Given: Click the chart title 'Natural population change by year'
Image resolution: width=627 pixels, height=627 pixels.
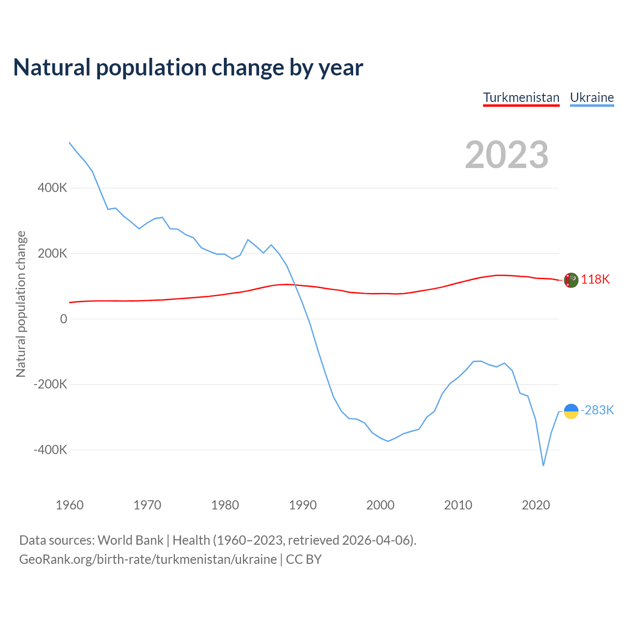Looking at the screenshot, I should (x=188, y=68).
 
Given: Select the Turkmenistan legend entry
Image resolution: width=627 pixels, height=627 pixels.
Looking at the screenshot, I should (x=521, y=97).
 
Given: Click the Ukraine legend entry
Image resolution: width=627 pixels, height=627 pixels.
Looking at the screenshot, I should (x=592, y=97).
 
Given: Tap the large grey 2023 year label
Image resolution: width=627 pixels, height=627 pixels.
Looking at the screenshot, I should (x=506, y=155).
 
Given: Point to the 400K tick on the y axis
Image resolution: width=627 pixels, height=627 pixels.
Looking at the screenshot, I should (x=52, y=188).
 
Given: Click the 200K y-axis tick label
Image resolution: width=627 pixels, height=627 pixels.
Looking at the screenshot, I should (x=52, y=253).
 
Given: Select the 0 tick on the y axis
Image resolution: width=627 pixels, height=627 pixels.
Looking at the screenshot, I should (x=63, y=319).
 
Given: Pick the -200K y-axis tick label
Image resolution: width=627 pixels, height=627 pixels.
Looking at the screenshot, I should (x=50, y=384).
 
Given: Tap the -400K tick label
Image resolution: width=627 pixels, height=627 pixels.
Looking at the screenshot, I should (x=50, y=450).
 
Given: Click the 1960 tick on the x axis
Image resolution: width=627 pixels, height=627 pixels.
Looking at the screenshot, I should (x=70, y=505).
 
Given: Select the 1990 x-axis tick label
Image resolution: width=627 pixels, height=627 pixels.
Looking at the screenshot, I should (x=303, y=505).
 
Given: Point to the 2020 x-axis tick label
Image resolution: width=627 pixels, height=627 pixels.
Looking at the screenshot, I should (x=536, y=505).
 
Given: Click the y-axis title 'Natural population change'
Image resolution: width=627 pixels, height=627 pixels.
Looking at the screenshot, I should (x=21, y=304).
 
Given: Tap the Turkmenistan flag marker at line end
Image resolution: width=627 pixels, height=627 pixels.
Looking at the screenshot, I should (x=571, y=280).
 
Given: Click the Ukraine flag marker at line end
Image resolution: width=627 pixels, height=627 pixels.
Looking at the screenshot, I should (x=571, y=411).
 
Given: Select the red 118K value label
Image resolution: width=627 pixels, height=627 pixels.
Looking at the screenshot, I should (x=595, y=279).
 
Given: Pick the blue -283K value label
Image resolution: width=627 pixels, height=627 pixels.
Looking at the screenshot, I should (x=597, y=410).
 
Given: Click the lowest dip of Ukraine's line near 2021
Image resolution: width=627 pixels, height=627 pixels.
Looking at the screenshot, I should (x=543, y=465).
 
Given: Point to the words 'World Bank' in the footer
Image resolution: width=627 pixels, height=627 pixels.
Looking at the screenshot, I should (x=130, y=540).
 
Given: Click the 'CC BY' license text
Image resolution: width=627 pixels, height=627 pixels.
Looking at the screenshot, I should (x=304, y=559).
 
